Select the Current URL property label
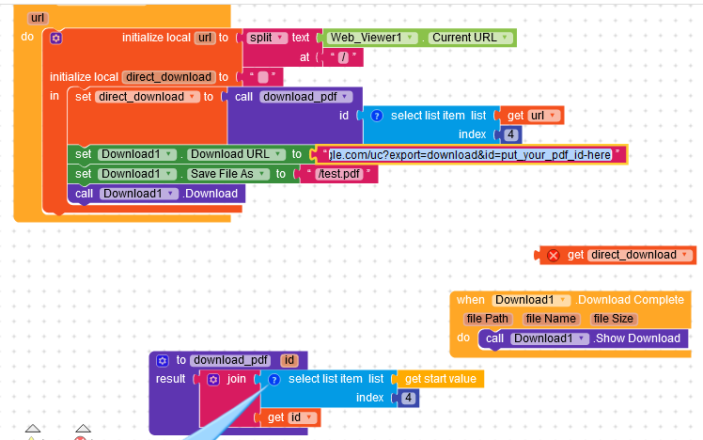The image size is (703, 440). click(464, 38)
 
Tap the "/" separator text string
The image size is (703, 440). click(343, 57)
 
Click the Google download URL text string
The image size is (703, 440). click(469, 154)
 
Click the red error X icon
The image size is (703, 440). click(554, 255)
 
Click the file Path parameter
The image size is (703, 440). click(488, 319)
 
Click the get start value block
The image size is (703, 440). click(439, 379)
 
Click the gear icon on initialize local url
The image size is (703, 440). click(55, 38)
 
